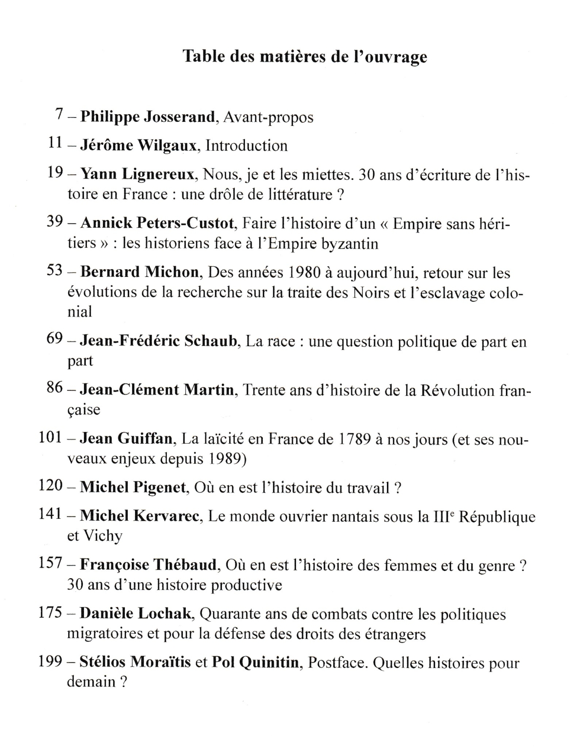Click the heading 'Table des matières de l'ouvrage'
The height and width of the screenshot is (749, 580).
click(x=305, y=57)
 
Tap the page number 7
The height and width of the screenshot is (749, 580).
click(x=60, y=115)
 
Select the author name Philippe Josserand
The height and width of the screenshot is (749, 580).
click(x=147, y=117)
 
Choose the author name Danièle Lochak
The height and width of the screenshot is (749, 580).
click(x=135, y=613)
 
